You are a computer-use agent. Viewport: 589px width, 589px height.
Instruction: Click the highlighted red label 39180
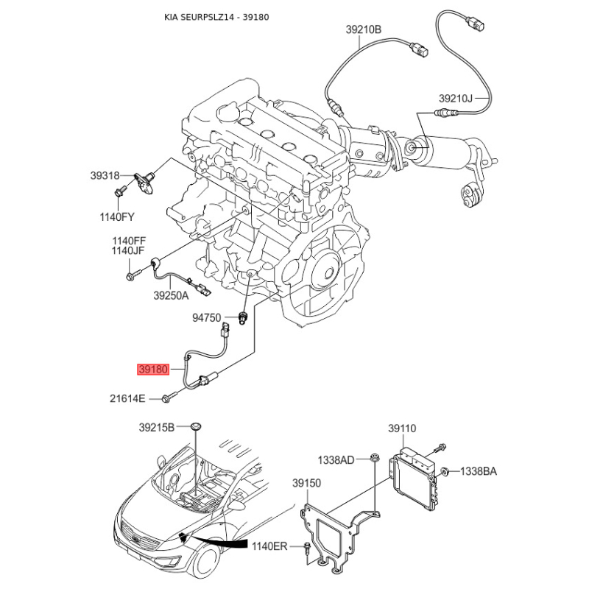153,370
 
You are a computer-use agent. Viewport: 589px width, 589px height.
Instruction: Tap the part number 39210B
363,29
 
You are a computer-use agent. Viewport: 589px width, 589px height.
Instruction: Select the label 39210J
456,99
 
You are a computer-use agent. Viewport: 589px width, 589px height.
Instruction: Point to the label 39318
105,175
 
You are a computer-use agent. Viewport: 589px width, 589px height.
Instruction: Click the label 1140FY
117,216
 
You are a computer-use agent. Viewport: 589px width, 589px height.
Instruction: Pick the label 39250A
171,296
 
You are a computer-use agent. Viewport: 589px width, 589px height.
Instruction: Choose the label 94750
207,318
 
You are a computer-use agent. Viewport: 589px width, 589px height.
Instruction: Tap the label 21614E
127,398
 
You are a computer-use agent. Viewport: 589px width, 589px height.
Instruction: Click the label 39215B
157,428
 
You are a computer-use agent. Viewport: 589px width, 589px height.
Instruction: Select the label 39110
402,428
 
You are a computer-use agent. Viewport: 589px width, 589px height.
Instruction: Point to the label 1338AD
336,459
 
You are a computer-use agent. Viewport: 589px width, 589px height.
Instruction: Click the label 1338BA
478,471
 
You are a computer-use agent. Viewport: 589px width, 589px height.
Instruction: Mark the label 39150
306,483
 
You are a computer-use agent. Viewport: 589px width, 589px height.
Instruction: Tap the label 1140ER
269,546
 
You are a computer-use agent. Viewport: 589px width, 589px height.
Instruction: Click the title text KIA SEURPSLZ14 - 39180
216,17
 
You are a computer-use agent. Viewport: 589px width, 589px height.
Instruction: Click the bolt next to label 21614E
170,397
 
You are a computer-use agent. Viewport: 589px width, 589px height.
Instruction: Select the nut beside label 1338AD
374,458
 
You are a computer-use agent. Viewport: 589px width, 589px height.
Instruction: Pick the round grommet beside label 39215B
195,426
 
